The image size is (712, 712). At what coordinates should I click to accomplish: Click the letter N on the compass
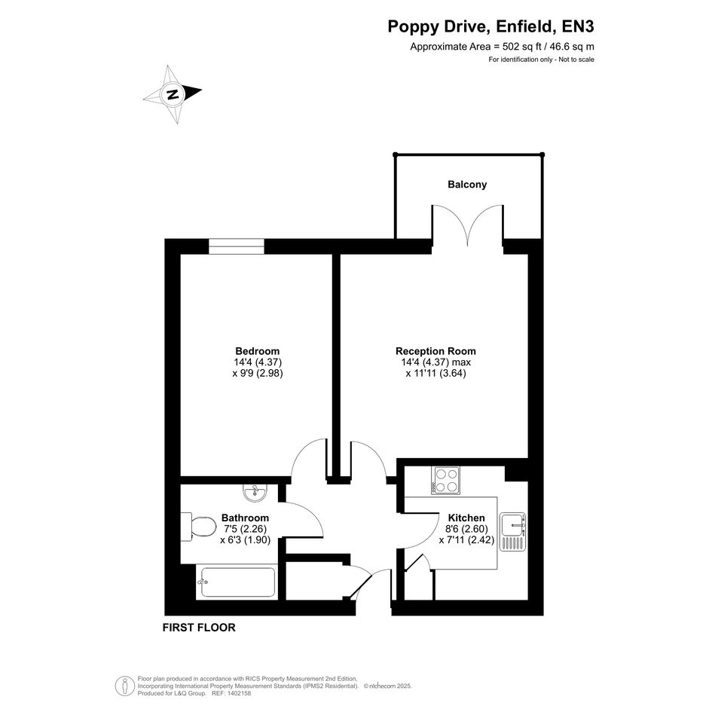173,94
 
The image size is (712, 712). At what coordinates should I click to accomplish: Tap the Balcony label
467,185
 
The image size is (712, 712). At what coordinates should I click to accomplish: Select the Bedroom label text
258,351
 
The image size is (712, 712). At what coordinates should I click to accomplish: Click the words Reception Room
435,351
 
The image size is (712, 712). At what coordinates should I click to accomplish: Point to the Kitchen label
466,518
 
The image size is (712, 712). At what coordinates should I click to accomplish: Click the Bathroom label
245,518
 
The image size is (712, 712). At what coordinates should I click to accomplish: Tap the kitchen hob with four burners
445,481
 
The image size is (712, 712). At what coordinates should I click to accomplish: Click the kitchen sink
512,532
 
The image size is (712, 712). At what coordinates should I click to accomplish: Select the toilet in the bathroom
198,527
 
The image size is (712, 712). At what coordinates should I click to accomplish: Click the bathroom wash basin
255,493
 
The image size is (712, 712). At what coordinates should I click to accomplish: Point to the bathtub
237,582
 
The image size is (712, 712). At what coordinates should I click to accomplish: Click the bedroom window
236,246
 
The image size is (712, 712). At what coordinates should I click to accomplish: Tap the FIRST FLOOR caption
199,628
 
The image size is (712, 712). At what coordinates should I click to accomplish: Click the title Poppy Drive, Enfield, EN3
490,27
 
